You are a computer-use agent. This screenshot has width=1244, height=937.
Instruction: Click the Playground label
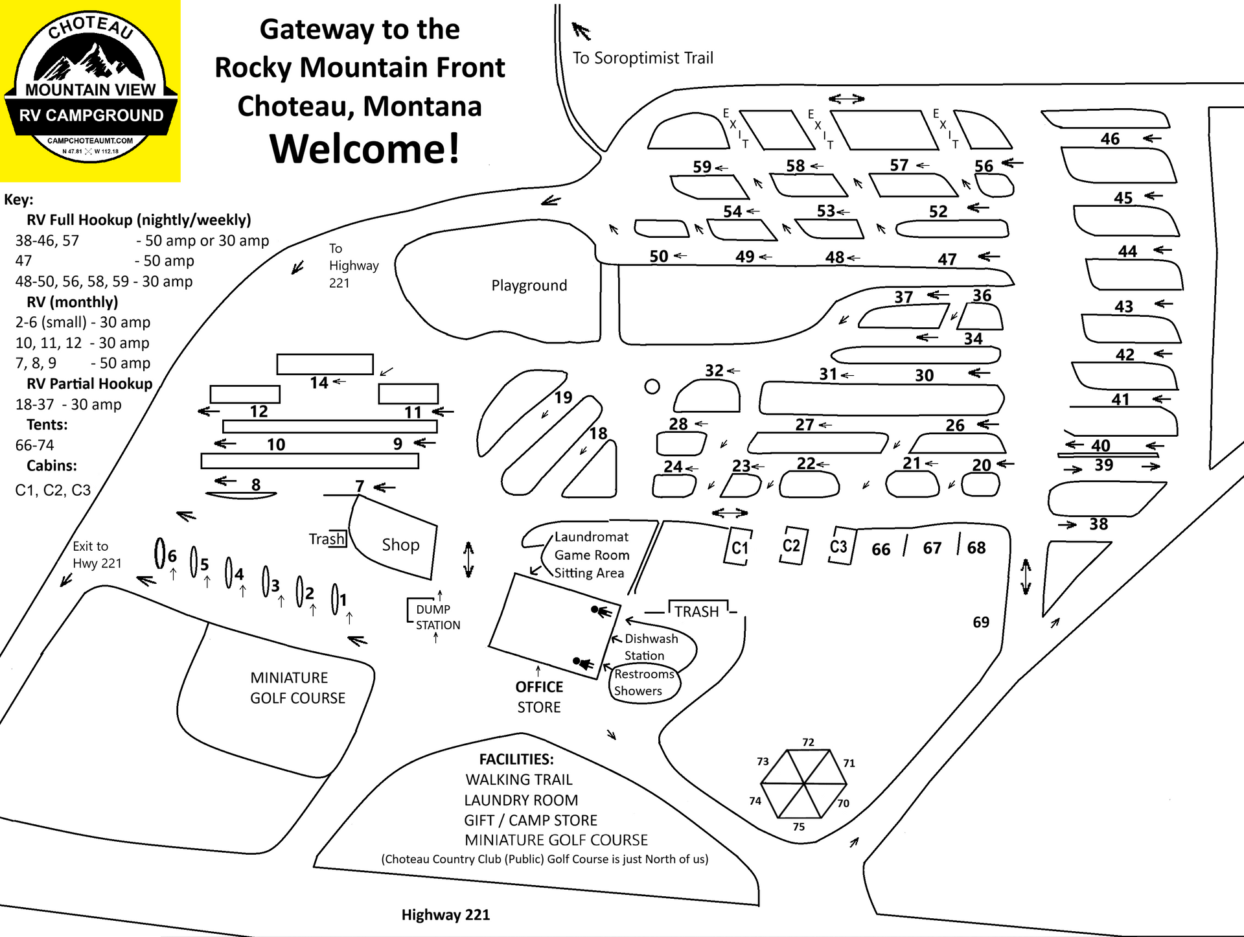point(529,285)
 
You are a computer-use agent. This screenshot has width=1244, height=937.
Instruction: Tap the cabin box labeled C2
point(791,545)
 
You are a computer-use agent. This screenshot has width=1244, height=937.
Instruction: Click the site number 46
point(1110,139)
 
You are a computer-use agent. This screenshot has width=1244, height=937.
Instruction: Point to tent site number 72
point(808,742)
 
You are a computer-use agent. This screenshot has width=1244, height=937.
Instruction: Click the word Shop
point(400,545)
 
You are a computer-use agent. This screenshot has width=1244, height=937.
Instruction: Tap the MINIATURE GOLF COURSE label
point(297,688)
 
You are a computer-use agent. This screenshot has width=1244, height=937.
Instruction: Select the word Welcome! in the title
point(365,148)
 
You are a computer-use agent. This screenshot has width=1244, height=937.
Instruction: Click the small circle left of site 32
point(652,387)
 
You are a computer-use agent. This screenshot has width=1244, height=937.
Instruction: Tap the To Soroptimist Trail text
point(642,58)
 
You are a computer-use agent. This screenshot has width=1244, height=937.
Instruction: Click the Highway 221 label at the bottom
point(445,914)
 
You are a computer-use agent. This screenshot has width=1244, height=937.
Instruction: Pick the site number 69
point(981,622)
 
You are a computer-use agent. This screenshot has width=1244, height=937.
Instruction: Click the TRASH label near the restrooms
point(697,611)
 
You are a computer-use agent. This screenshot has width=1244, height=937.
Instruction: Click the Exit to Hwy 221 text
point(97,555)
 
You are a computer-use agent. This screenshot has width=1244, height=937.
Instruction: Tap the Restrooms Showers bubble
point(644,682)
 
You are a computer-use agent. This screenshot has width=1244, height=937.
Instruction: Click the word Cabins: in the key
point(52,465)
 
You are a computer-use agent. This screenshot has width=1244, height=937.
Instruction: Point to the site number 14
point(319,382)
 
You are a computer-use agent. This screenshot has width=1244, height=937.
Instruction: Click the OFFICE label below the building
point(539,687)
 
